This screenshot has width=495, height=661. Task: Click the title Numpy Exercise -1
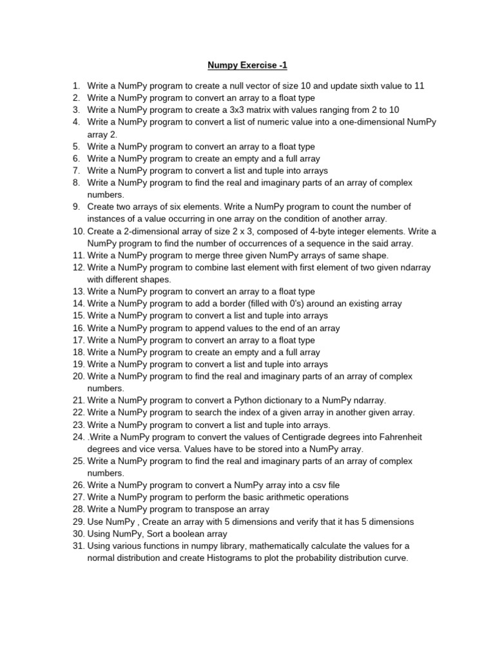(x=247, y=65)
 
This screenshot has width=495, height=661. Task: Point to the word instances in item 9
(x=106, y=219)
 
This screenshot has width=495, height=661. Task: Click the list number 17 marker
(x=79, y=340)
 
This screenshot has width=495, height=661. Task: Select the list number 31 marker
(x=79, y=546)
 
